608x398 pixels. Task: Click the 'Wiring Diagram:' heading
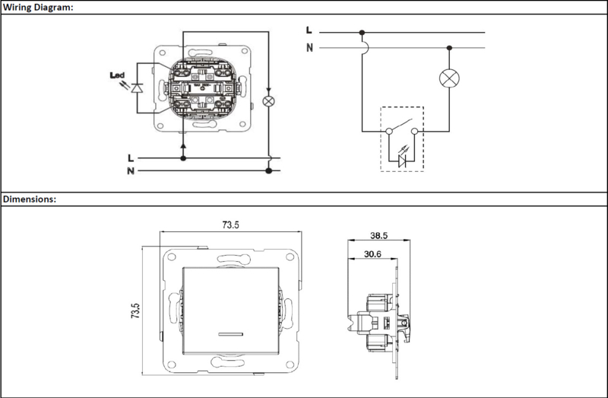coord(38,7)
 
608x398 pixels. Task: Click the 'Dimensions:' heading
coord(30,199)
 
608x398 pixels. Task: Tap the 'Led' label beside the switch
coord(117,75)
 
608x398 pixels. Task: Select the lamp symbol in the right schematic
coord(449,78)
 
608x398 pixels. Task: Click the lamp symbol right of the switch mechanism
coord(268,101)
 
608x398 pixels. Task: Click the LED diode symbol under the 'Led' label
coord(137,88)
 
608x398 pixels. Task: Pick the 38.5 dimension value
coord(378,235)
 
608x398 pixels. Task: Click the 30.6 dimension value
coord(372,254)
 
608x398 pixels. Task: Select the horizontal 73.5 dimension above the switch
coord(231,224)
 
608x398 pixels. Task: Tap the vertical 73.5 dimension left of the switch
coord(135,311)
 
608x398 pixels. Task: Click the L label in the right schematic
coord(309,30)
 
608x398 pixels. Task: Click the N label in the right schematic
coord(309,48)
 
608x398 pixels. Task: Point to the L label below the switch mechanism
coord(131,158)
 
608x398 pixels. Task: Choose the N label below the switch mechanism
coord(131,171)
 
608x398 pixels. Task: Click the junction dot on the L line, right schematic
coord(363,33)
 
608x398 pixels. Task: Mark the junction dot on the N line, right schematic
coord(449,48)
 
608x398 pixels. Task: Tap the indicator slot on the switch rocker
coord(230,333)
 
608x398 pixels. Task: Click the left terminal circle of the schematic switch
coord(389,131)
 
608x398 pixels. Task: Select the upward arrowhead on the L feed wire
coord(183,145)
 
